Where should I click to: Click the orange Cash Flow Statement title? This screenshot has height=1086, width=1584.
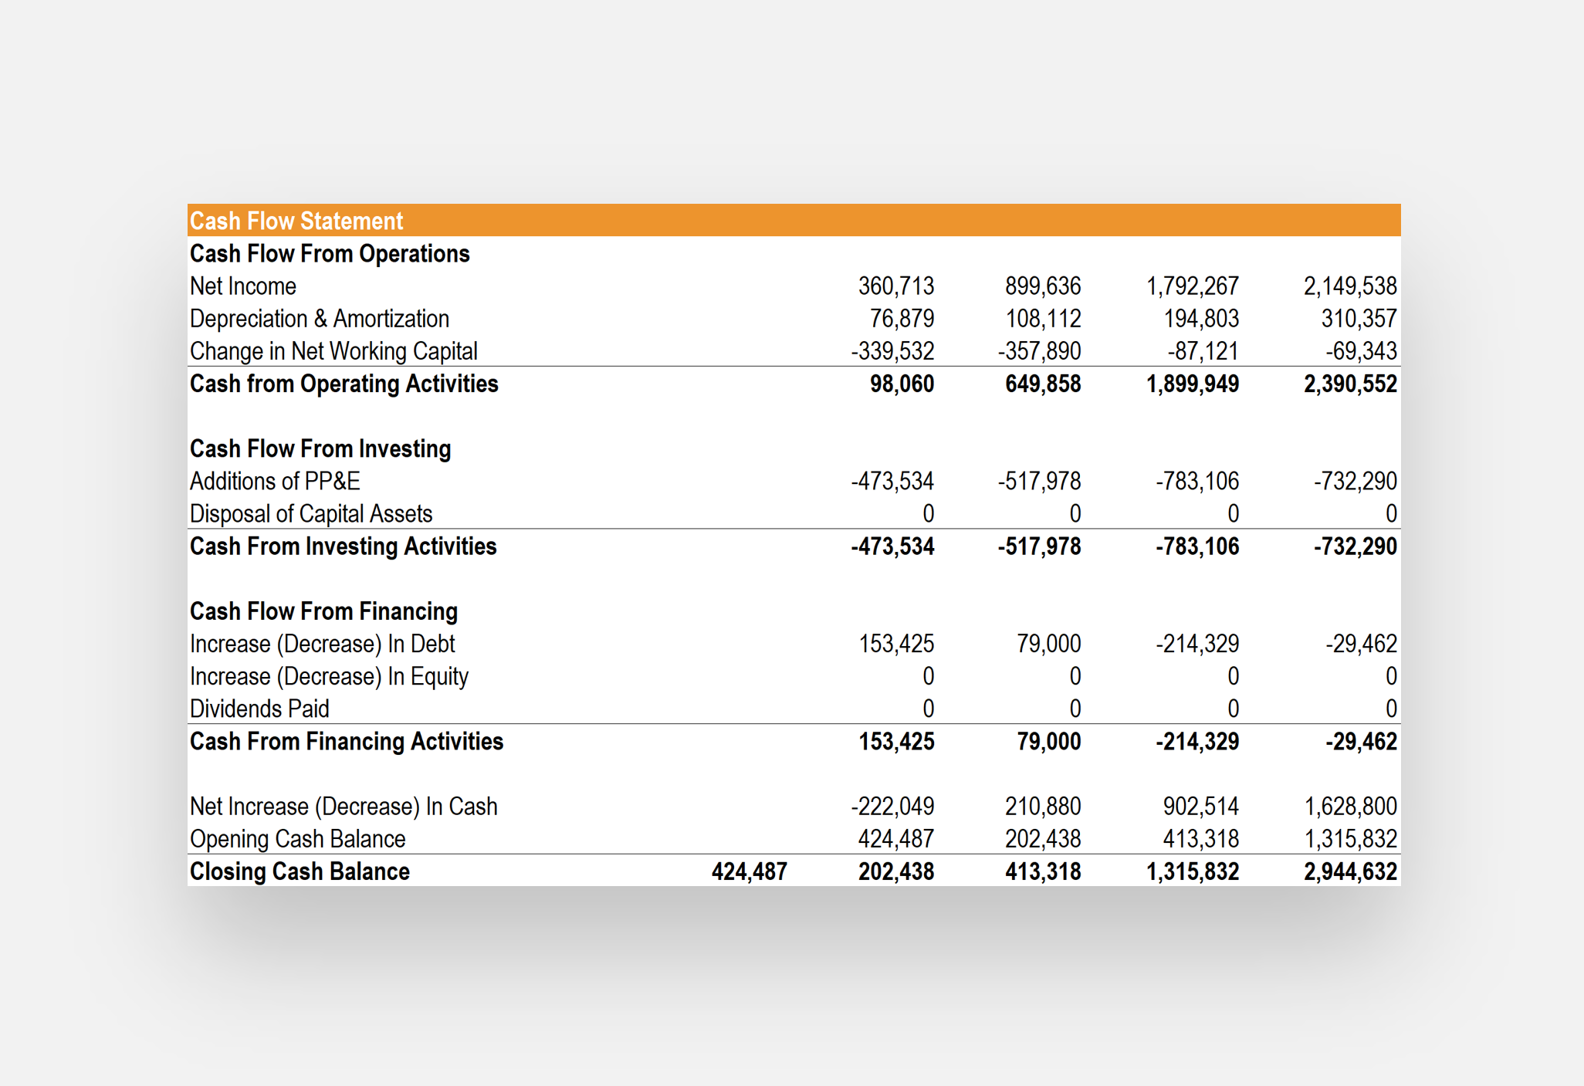tap(296, 221)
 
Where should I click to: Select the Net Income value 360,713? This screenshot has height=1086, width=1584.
tap(895, 286)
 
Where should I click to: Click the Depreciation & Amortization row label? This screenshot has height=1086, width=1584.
tap(319, 319)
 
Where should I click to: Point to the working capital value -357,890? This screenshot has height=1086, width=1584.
tap(1039, 351)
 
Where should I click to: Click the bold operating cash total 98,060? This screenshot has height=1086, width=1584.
tap(902, 384)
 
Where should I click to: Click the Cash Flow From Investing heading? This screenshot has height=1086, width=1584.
tap(320, 448)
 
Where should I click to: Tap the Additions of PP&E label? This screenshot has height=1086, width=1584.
tap(275, 481)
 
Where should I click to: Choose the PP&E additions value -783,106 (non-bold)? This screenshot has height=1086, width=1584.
tap(1196, 481)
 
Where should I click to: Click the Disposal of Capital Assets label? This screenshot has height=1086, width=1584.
tap(310, 513)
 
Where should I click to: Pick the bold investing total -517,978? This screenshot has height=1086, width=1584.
tap(1039, 546)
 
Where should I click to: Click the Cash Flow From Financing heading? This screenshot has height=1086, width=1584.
tap(323, 611)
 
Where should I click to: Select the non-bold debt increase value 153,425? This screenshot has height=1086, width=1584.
tap(895, 644)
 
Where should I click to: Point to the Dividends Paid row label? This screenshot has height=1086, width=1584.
tap(259, 709)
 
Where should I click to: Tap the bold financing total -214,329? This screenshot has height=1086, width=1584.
tap(1196, 742)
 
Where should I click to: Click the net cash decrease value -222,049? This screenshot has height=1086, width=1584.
tap(892, 807)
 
